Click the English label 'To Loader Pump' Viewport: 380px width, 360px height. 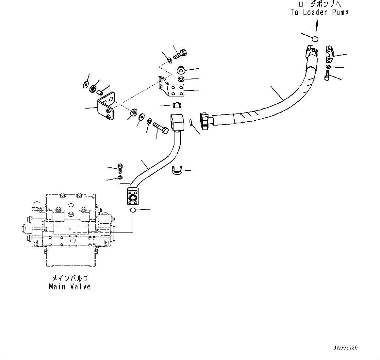pyautogui.click(x=319, y=12)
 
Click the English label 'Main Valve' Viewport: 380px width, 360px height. pyautogui.click(x=70, y=287)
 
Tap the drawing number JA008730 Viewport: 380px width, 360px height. pyautogui.click(x=348, y=348)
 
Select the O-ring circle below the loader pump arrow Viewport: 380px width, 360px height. pyautogui.click(x=315, y=39)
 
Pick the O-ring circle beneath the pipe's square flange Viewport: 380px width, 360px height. pyautogui.click(x=133, y=210)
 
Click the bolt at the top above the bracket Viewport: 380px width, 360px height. pyautogui.click(x=180, y=54)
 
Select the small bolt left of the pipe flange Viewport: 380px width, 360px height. pyautogui.click(x=120, y=168)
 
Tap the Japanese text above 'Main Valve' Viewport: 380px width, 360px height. pyautogui.click(x=70, y=279)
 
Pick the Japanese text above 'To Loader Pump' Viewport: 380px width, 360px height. pyautogui.click(x=319, y=4)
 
